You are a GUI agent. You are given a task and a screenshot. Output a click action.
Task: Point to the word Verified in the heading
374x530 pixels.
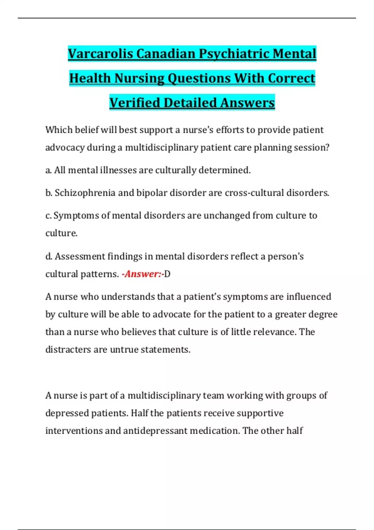135,103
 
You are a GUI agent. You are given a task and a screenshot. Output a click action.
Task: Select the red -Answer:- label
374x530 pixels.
142,274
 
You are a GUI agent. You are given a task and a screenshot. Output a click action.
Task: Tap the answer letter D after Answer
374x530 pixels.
167,274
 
